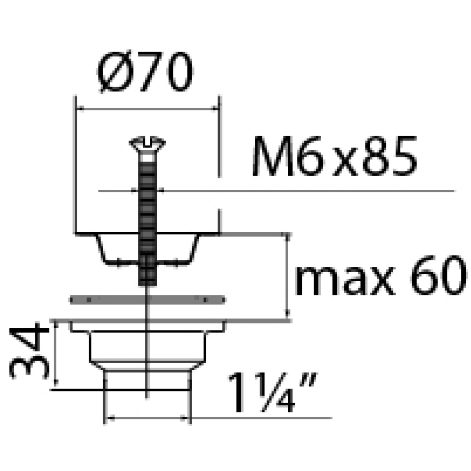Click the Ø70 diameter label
point(146,72)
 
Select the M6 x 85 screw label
point(334,156)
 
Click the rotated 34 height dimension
point(29,351)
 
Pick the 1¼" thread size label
point(272,392)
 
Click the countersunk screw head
point(147,144)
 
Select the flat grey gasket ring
point(147,300)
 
